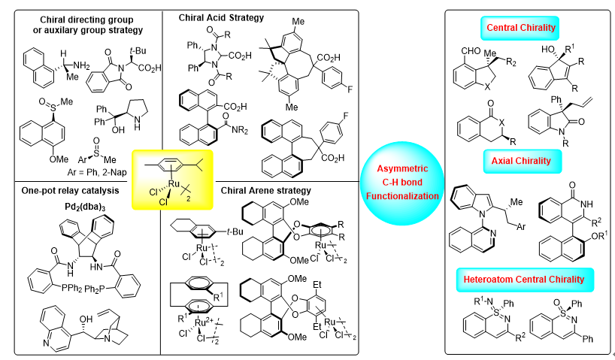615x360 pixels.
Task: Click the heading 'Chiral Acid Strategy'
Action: click(x=214, y=16)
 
